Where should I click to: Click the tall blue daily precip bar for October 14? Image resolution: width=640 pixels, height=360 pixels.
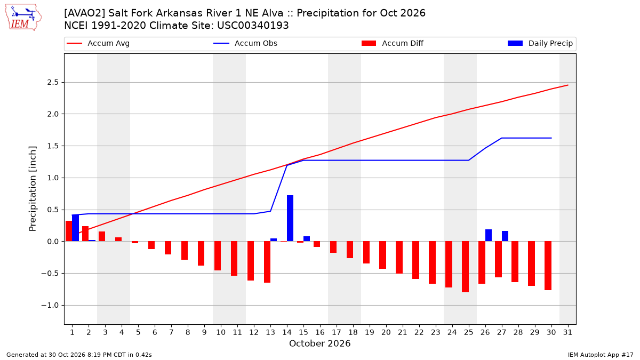point(290,218)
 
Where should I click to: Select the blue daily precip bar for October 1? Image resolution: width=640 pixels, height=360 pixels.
point(75,228)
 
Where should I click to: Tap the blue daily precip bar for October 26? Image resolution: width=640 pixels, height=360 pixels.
point(489,235)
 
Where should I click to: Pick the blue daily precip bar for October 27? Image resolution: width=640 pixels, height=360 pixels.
point(505,236)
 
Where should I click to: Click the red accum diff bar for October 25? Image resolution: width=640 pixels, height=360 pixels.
point(465,267)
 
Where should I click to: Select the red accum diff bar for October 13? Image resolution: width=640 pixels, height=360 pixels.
point(267,262)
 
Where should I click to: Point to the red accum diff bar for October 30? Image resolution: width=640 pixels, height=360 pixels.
point(548,266)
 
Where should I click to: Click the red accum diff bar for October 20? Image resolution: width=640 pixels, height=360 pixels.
point(382,255)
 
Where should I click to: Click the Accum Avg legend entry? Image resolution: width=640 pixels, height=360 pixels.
point(98,43)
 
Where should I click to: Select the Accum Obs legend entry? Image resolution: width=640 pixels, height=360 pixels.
point(245,43)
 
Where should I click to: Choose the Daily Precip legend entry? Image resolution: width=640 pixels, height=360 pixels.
point(540,43)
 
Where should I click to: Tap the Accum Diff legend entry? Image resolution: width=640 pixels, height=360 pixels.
point(393,43)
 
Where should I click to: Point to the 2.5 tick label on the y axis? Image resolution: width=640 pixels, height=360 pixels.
point(53,83)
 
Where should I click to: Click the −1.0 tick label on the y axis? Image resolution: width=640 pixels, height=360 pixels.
point(50,306)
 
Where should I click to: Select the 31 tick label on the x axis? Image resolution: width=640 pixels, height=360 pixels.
point(567,332)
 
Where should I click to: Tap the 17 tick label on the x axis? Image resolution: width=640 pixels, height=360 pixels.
point(337,332)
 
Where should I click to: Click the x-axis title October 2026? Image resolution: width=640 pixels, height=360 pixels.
point(319,343)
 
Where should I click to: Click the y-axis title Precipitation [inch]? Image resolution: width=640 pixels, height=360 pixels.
point(33,189)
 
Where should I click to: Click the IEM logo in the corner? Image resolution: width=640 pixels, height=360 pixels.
point(23,18)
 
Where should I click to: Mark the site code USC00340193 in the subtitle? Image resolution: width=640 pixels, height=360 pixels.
point(253,26)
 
